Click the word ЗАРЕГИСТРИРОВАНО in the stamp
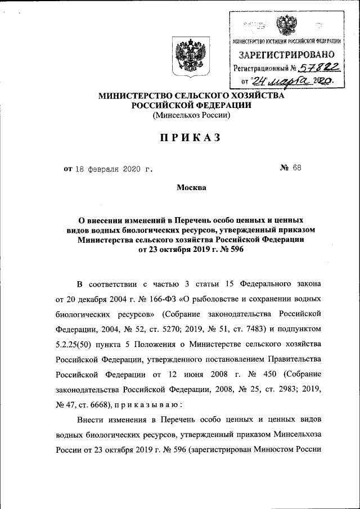[287, 55]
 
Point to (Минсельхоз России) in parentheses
[191, 115]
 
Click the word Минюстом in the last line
[273, 450]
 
